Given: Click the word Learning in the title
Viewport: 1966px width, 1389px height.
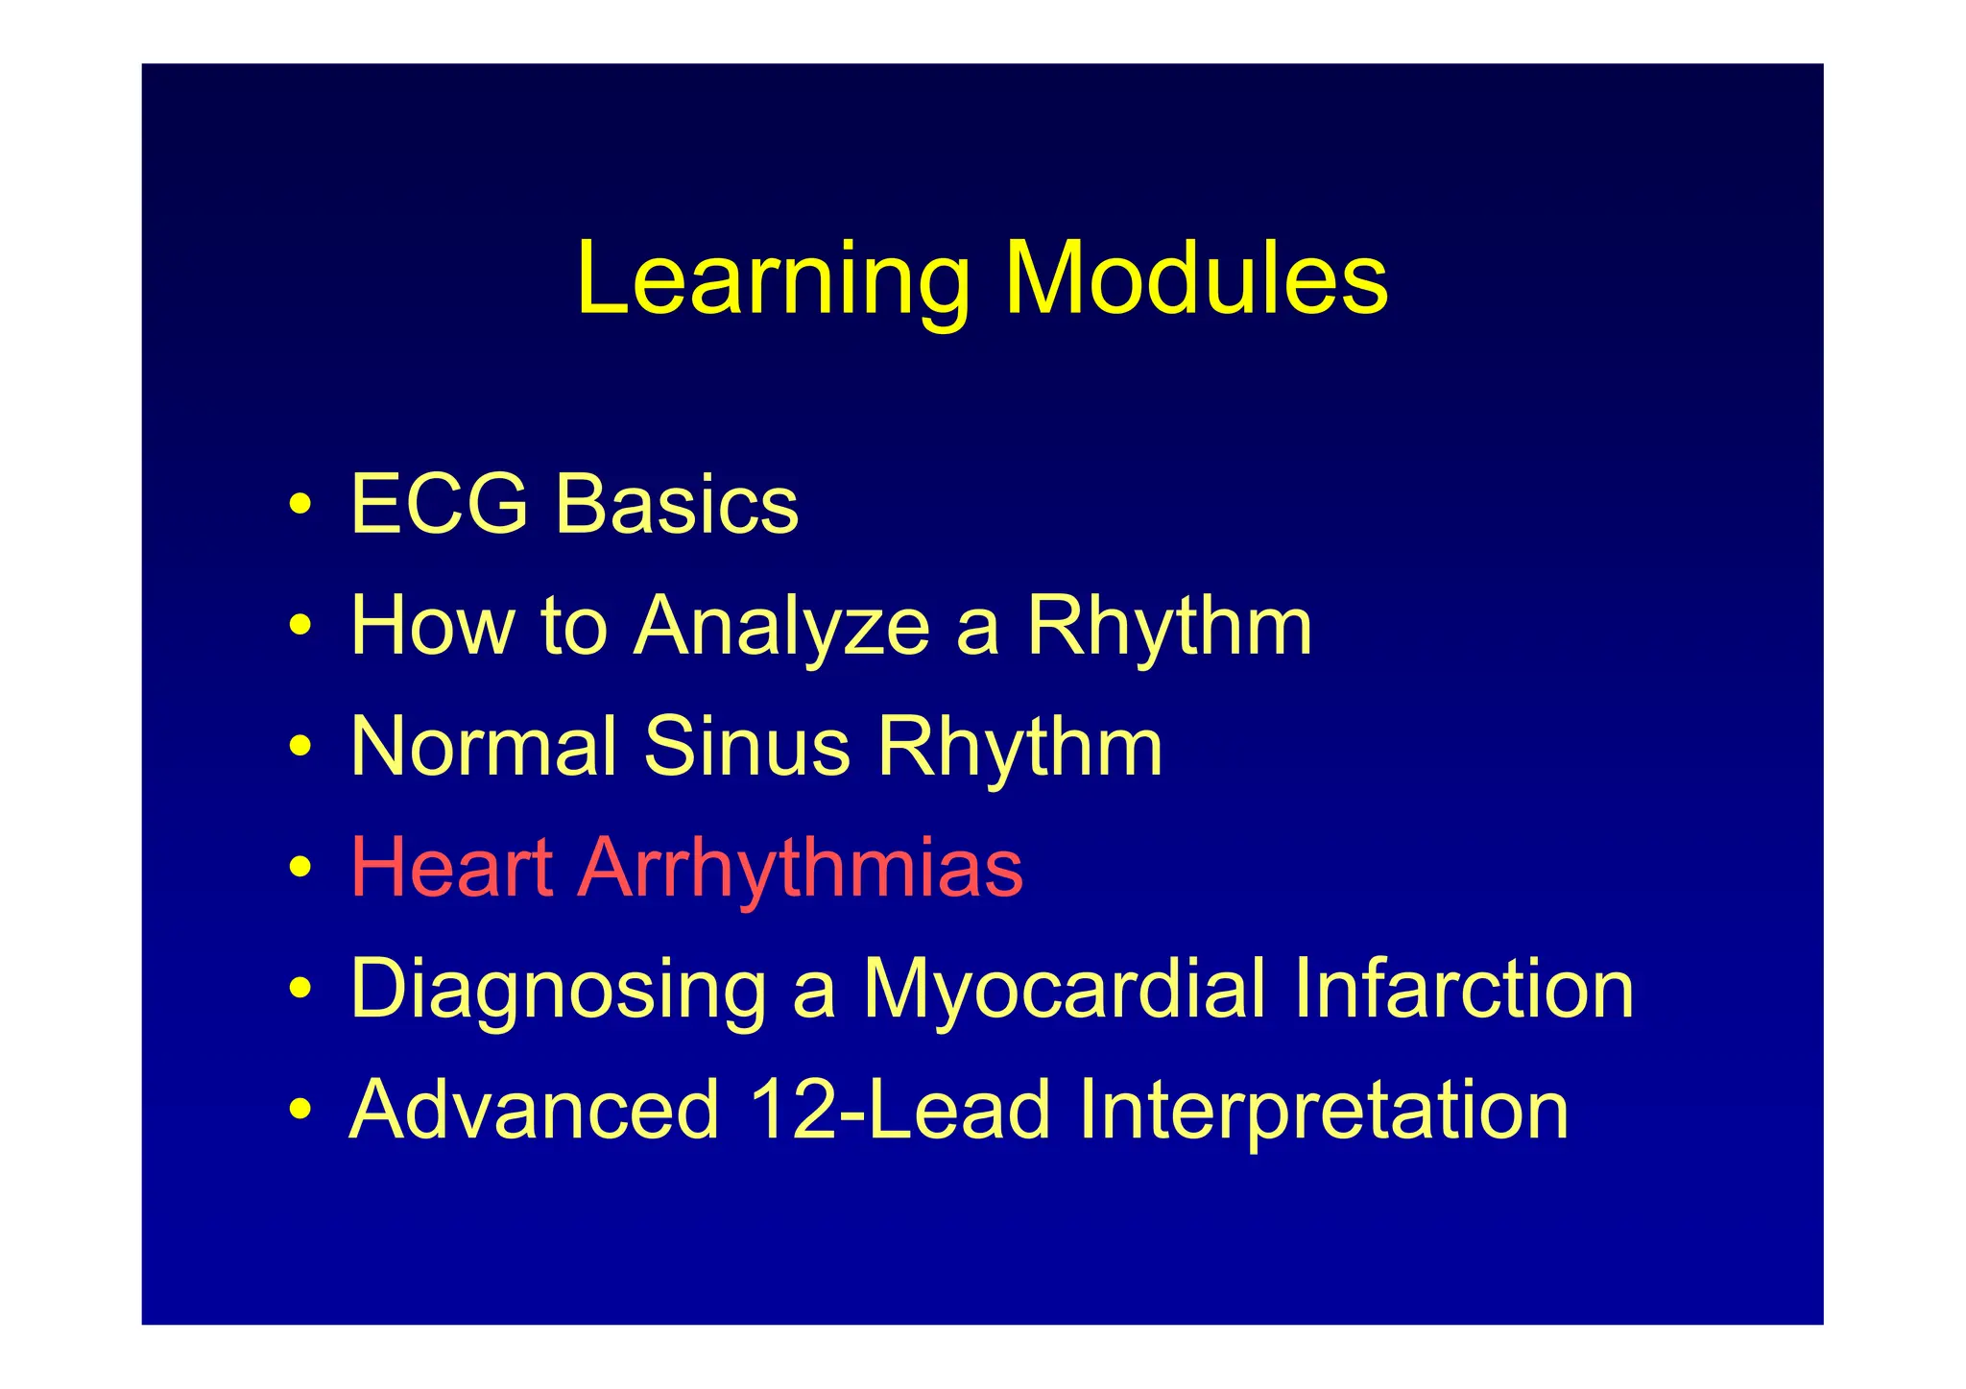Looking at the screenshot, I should [x=773, y=280].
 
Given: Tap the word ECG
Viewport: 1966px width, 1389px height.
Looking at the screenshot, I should [x=439, y=504].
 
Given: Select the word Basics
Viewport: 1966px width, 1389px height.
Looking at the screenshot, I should [x=677, y=504].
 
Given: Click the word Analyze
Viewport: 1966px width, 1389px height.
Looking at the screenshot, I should [x=781, y=628].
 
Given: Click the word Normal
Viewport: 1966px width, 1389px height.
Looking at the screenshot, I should [x=484, y=747].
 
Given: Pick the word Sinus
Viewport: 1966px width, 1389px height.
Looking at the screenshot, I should [x=746, y=747].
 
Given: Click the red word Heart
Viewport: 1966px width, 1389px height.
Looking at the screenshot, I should [x=451, y=868].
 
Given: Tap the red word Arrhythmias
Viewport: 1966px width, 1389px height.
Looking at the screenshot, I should [x=800, y=870].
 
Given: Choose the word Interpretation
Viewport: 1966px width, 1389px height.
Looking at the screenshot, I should [x=1323, y=1112].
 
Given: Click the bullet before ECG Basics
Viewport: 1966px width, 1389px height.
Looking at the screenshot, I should [x=300, y=505].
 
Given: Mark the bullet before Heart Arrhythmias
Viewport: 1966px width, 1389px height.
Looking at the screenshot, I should [x=300, y=868].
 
